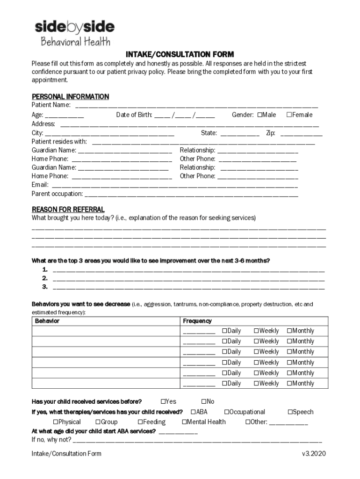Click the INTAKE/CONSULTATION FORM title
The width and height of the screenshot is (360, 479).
[180, 54]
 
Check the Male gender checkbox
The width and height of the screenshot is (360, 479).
[259, 115]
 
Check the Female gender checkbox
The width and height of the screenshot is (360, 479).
[289, 115]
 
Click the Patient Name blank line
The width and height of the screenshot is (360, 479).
[196, 106]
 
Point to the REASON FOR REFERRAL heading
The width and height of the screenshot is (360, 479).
[68, 209]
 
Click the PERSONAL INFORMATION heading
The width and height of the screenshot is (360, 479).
[70, 96]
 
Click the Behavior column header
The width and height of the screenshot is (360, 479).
[47, 321]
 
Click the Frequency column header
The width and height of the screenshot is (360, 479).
[197, 321]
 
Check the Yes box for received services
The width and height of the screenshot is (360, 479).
[163, 401]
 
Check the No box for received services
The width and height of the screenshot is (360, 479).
[204, 401]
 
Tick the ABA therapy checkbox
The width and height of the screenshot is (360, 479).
[193, 412]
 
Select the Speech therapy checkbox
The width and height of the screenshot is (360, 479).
[290, 412]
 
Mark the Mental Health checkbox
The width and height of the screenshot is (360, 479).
[184, 422]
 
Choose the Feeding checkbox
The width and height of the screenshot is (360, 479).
[140, 422]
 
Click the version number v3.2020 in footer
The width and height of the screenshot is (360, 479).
[314, 454]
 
